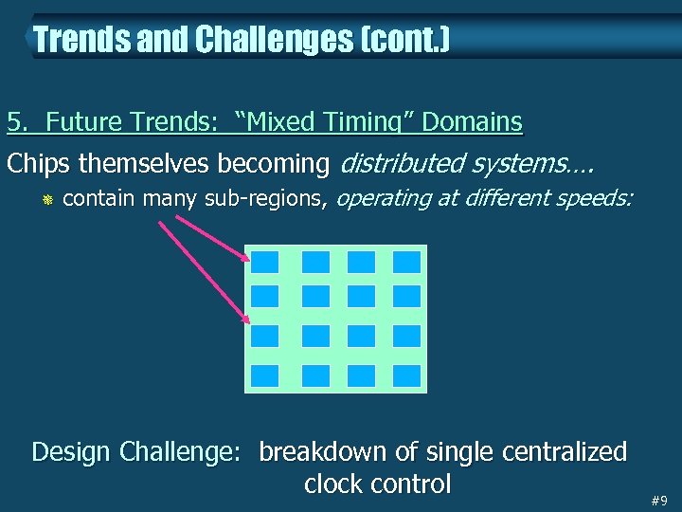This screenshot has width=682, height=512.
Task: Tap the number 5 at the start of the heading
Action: coord(13,122)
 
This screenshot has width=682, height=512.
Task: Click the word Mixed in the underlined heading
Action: coord(284,122)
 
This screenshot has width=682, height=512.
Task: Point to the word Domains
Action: coord(472,122)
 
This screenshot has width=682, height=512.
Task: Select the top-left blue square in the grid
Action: coord(265,261)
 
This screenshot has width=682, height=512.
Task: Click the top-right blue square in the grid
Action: coord(406,261)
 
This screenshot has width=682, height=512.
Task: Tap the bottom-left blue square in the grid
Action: coord(265,375)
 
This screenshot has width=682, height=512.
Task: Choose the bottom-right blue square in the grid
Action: coord(406,375)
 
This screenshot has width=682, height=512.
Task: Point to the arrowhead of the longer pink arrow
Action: coord(247,320)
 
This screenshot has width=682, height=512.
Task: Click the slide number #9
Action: coord(659,501)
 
